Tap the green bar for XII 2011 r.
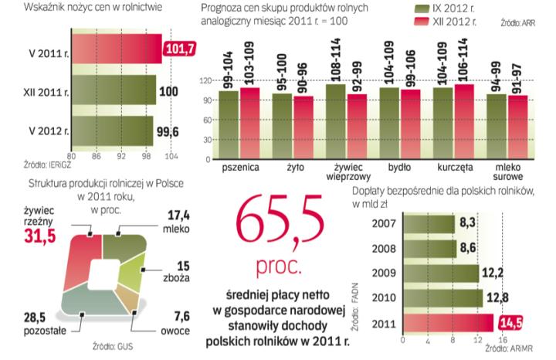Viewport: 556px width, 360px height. (114, 90)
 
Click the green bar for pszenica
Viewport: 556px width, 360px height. (229, 124)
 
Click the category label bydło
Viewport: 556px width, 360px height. (399, 166)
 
